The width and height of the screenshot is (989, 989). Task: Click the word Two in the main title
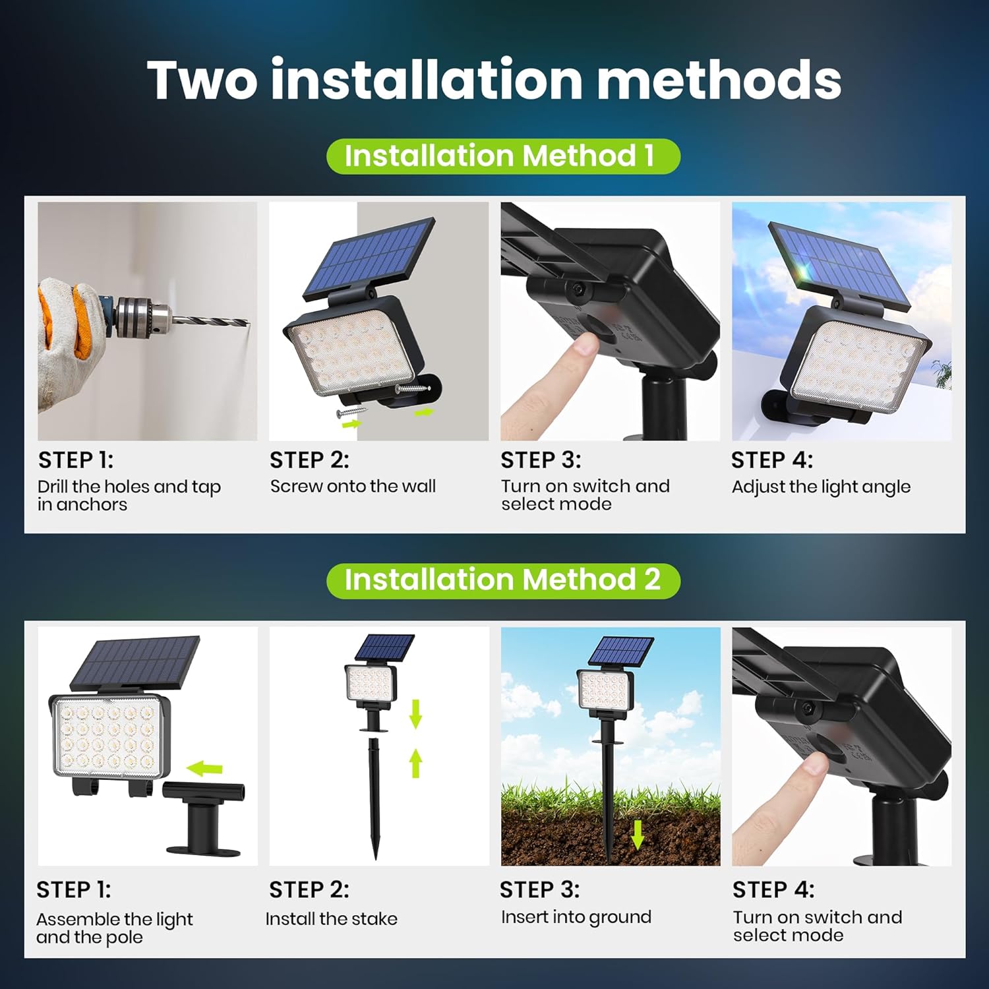(x=202, y=80)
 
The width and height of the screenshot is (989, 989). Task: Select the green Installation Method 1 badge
(x=502, y=156)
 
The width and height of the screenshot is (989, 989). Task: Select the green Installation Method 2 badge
(x=502, y=580)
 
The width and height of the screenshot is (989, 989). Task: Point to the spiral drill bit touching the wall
(x=211, y=321)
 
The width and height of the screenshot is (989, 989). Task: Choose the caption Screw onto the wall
(x=353, y=487)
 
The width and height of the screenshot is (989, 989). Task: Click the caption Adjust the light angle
(x=821, y=487)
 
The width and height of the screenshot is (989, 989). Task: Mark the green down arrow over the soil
(x=637, y=835)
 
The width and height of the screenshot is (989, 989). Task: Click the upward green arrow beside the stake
(x=415, y=764)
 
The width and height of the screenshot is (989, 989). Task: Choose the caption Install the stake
(x=332, y=918)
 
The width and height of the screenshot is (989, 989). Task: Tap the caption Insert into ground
(x=576, y=917)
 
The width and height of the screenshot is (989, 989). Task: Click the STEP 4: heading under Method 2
(x=773, y=889)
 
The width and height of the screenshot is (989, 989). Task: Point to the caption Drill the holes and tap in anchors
(x=129, y=495)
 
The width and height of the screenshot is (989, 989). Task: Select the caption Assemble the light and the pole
(x=114, y=928)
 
